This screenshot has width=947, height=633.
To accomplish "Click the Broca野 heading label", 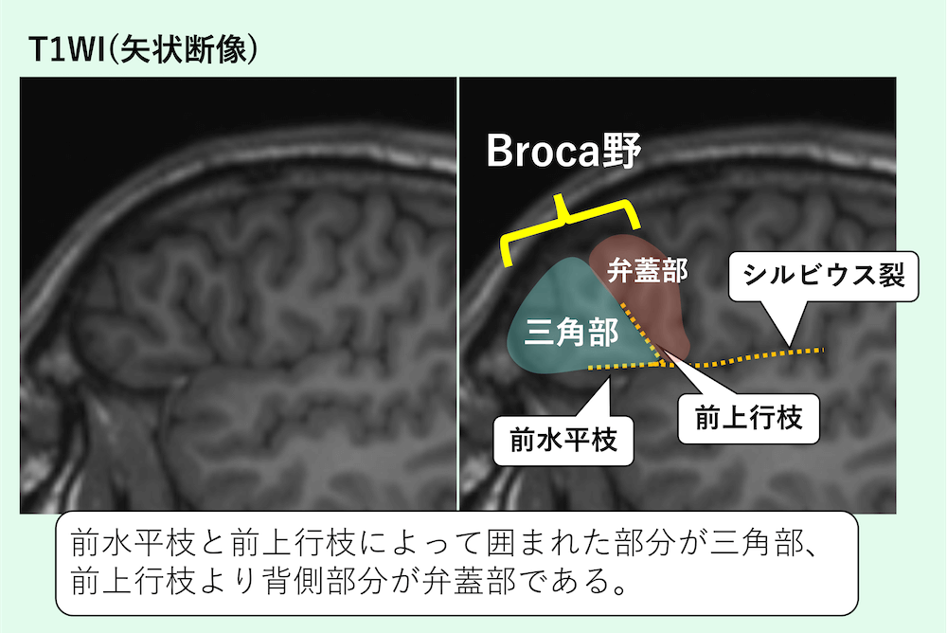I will (563, 152).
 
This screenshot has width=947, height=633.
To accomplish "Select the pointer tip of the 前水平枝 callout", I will (612, 371).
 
